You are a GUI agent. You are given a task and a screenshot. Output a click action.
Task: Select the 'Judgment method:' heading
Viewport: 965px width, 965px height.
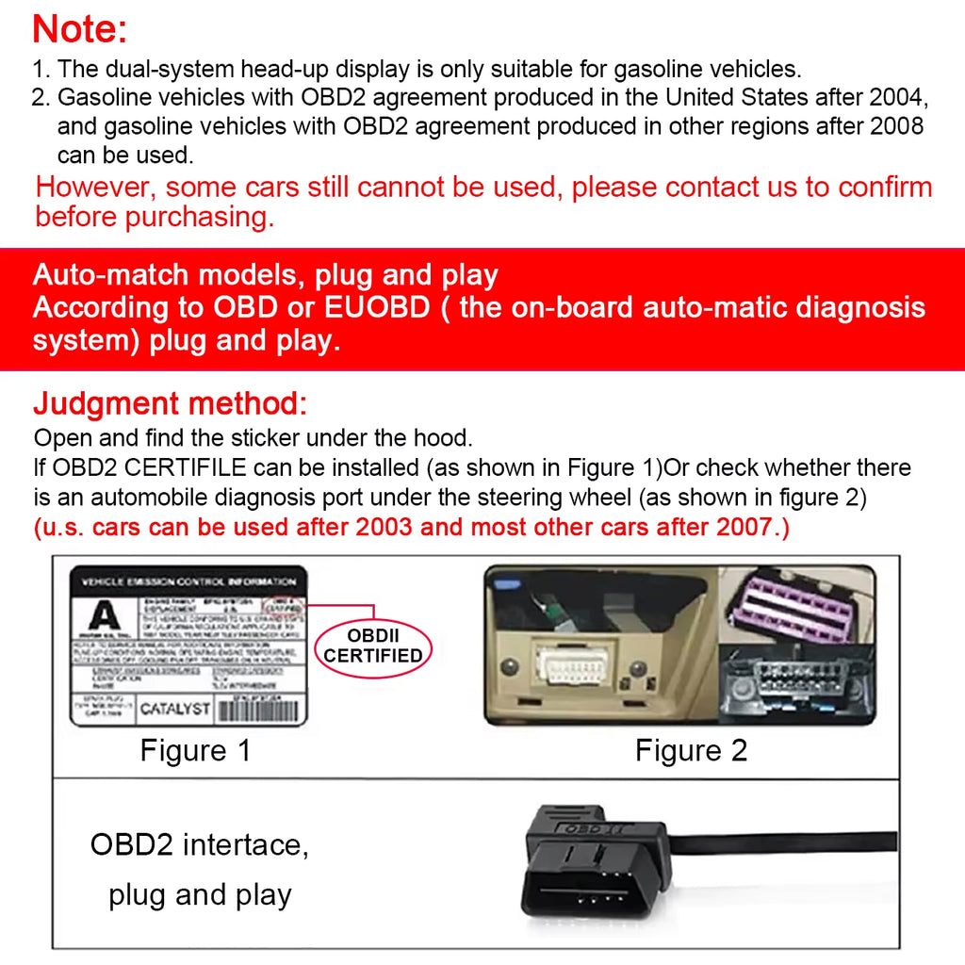pos(171,404)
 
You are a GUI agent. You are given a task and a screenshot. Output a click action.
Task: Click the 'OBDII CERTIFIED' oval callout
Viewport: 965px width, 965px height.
pos(373,646)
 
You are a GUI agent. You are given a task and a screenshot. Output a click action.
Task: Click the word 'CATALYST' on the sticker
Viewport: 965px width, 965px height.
pos(175,709)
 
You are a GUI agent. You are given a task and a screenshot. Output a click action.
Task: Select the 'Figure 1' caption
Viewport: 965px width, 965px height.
pos(196,751)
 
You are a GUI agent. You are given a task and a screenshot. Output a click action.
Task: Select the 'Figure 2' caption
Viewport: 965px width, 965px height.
pos(691,751)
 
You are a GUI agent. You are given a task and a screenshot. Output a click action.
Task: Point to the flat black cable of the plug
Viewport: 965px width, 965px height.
pos(801,842)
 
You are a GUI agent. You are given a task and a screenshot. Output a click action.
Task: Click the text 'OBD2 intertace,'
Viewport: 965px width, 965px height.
pos(199,844)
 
